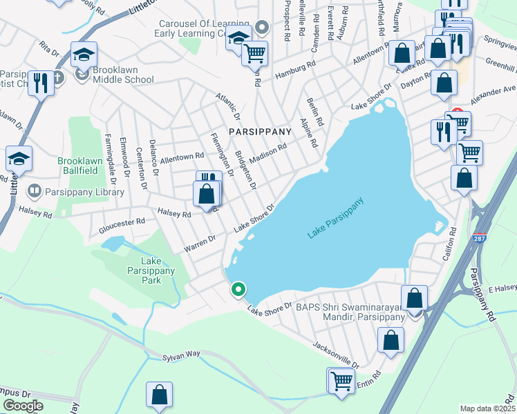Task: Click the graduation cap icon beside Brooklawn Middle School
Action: click(84, 55)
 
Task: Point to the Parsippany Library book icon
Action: click(33, 190)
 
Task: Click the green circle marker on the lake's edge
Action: click(238, 290)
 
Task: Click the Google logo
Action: click(22, 406)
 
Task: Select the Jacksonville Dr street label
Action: click(337, 354)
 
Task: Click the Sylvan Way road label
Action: click(181, 354)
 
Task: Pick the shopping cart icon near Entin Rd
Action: click(341, 380)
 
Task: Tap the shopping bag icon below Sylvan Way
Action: click(159, 395)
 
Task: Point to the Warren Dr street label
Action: click(200, 242)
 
